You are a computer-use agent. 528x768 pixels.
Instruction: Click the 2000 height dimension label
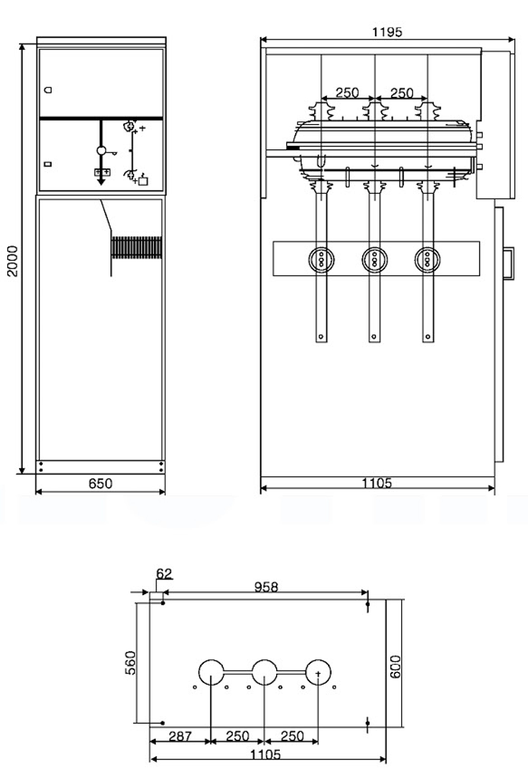(x=12, y=261)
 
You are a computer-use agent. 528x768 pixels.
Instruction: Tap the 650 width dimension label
(x=100, y=483)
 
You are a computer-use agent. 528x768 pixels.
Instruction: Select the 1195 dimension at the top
(x=387, y=32)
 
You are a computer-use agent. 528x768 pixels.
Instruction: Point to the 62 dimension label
(x=164, y=574)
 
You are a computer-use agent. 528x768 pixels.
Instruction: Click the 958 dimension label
(x=266, y=587)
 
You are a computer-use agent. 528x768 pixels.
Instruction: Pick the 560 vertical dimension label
(x=130, y=662)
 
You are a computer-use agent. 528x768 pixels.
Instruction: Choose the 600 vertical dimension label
(x=395, y=667)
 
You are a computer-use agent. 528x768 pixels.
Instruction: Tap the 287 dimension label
(x=181, y=736)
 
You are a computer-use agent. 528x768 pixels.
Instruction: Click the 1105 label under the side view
(x=377, y=483)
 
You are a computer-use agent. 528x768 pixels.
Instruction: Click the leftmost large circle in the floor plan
(x=211, y=672)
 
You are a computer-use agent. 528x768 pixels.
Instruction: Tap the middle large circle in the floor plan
(x=265, y=672)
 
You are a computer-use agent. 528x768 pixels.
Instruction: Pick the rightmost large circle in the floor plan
(x=318, y=672)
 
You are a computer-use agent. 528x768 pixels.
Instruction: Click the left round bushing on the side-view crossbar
(x=321, y=260)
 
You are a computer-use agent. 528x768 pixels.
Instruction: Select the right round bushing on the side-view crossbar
(x=427, y=260)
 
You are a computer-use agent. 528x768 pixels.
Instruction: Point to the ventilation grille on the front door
(x=136, y=247)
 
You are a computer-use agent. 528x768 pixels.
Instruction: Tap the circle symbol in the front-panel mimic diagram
(x=101, y=150)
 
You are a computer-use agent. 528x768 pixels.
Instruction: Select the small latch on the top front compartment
(x=49, y=90)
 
